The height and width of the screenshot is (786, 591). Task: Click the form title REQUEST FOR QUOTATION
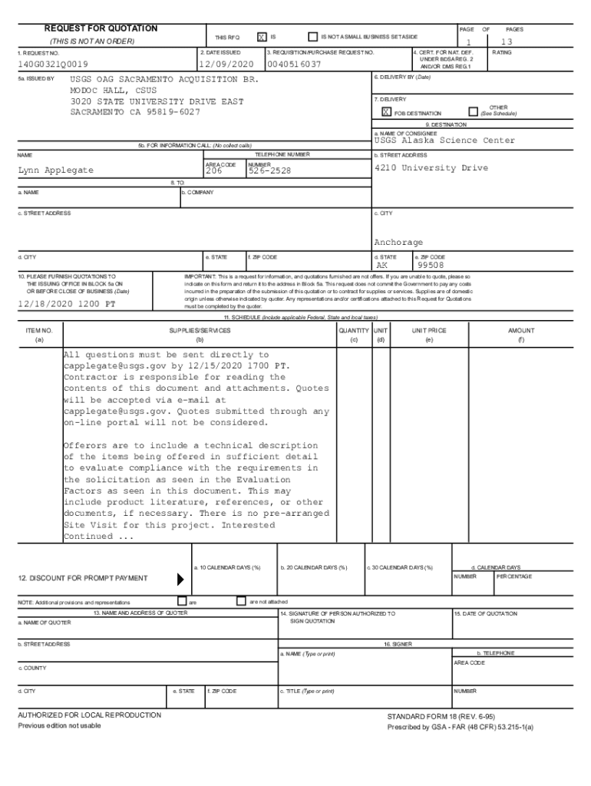(x=101, y=28)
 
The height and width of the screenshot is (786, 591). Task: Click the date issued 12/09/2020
(x=225, y=64)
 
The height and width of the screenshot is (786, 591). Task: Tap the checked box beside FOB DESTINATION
(x=386, y=112)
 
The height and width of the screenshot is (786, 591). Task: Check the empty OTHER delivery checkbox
(x=473, y=111)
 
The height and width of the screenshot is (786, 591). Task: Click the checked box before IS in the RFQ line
(x=262, y=37)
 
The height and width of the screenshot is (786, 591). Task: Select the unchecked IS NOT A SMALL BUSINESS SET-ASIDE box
(x=312, y=36)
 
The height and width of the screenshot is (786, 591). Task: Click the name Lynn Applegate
(x=55, y=170)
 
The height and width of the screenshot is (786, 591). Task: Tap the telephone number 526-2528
(x=269, y=171)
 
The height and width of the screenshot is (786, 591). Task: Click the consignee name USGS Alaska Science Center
(x=444, y=140)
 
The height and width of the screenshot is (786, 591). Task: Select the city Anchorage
(x=398, y=242)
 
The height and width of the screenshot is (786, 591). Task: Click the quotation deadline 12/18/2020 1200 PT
(x=67, y=304)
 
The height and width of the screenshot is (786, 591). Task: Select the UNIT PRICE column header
(x=428, y=330)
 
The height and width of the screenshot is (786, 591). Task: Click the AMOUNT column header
(x=521, y=330)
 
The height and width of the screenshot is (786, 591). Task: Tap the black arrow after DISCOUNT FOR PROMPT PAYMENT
(x=181, y=578)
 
